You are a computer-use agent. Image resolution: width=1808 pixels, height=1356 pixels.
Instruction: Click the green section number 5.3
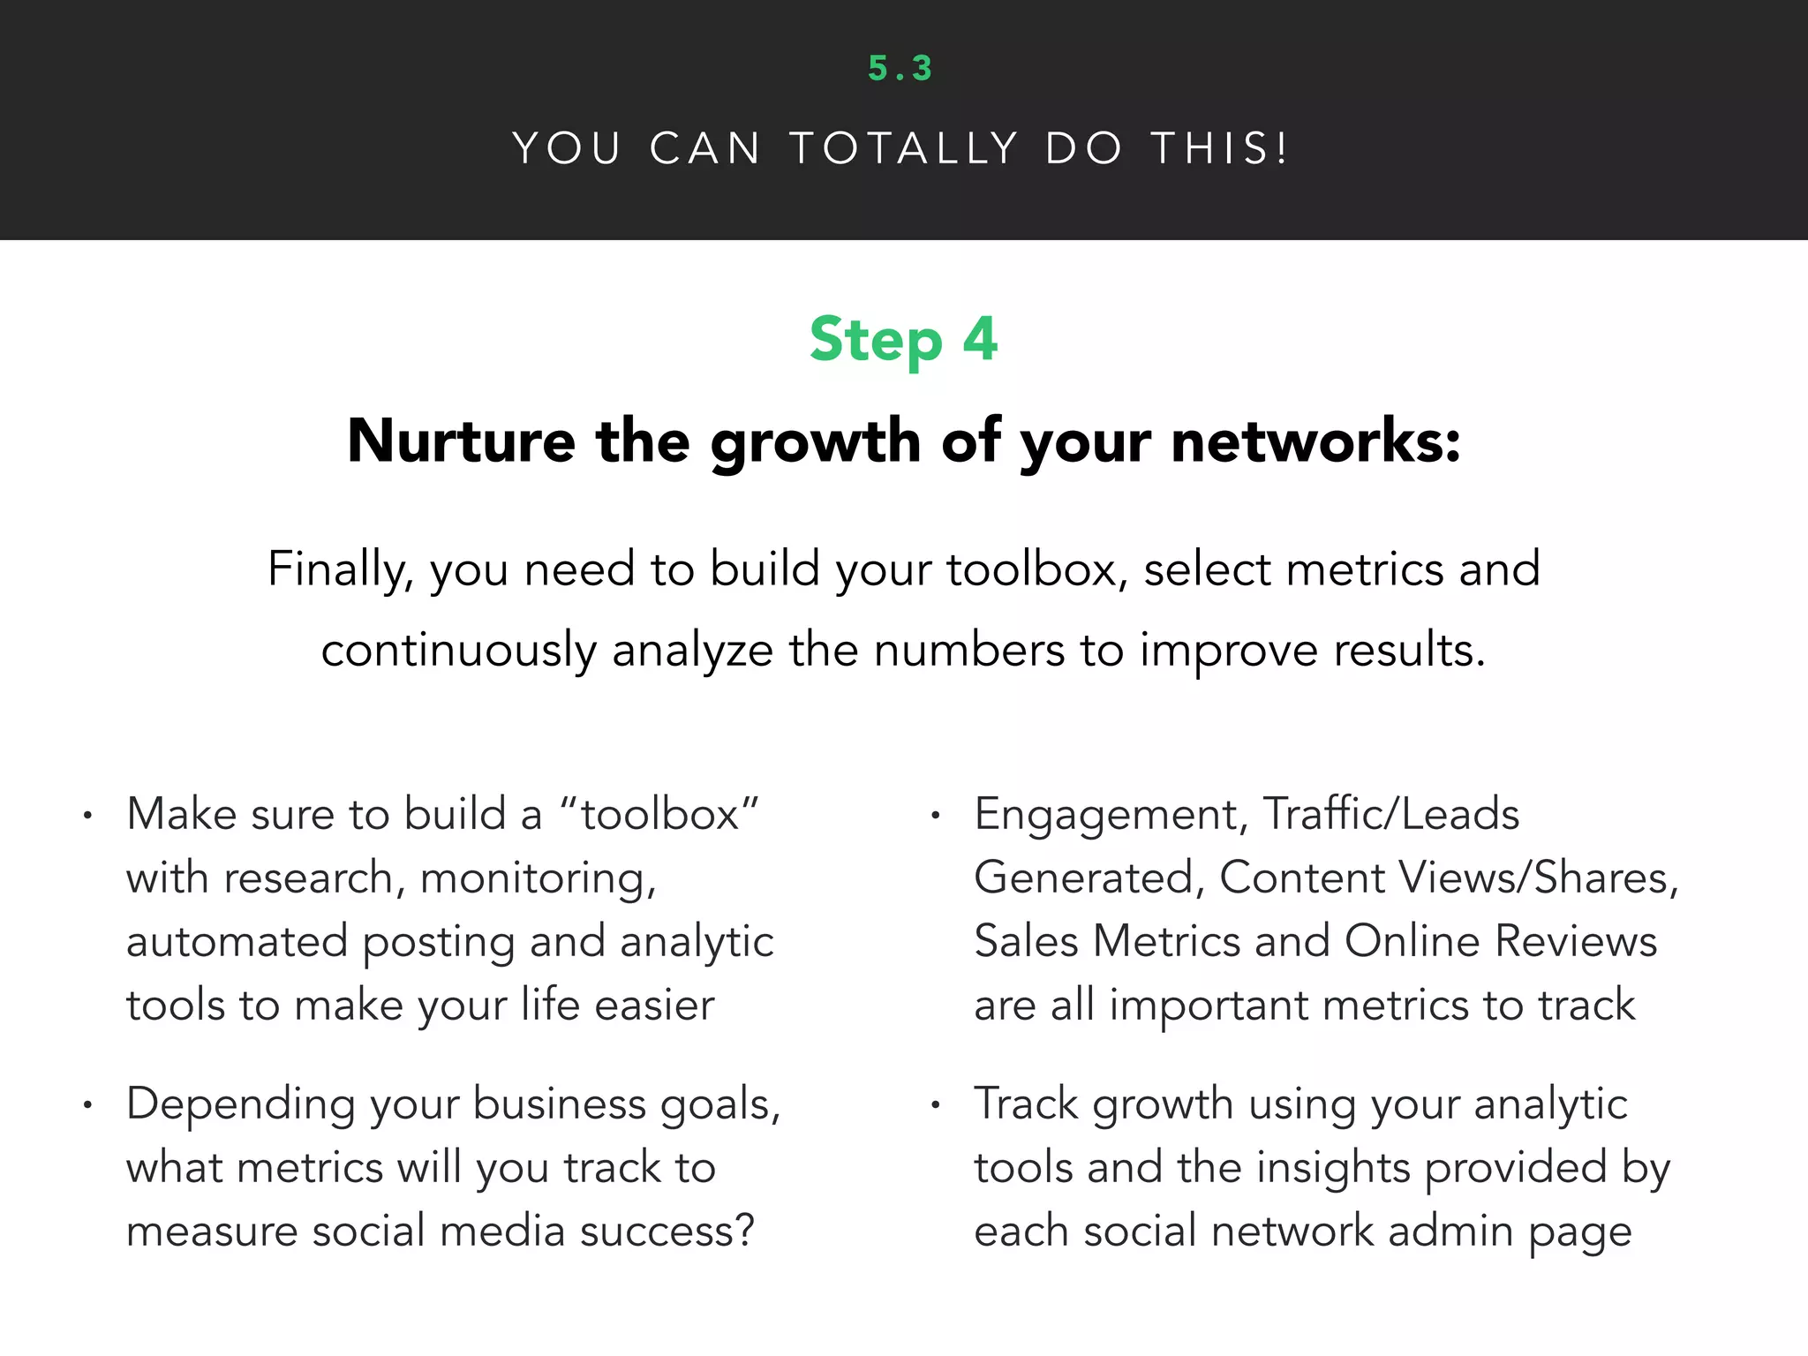pos(900,69)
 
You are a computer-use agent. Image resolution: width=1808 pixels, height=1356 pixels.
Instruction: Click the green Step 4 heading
pos(903,340)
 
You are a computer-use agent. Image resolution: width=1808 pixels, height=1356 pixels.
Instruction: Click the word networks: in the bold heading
pos(1315,441)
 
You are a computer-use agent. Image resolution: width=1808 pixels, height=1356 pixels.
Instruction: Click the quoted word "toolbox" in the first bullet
pos(659,814)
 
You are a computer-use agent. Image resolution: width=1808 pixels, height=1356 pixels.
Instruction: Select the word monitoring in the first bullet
pos(538,879)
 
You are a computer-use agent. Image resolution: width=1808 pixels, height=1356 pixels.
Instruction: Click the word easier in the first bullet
pos(654,1006)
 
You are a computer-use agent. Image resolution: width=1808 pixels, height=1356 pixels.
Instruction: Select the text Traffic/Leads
pos(1390,814)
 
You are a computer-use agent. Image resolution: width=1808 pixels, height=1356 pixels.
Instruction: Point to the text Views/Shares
pos(1537,878)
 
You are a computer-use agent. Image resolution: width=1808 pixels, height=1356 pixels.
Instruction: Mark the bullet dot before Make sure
pos(87,816)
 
